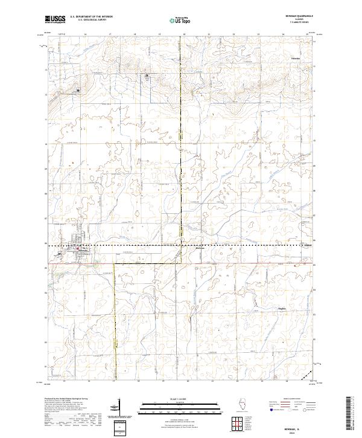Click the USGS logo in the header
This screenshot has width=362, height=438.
click(x=56, y=20)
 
